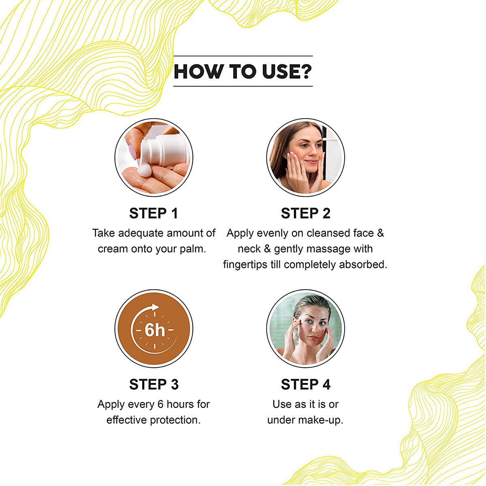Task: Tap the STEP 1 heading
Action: point(153,213)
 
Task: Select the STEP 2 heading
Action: point(305,213)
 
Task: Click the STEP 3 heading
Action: point(153,384)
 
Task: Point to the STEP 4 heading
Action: point(305,384)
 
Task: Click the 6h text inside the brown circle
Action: point(154,330)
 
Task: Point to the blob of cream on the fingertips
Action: point(143,171)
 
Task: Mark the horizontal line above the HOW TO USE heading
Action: point(243,56)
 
